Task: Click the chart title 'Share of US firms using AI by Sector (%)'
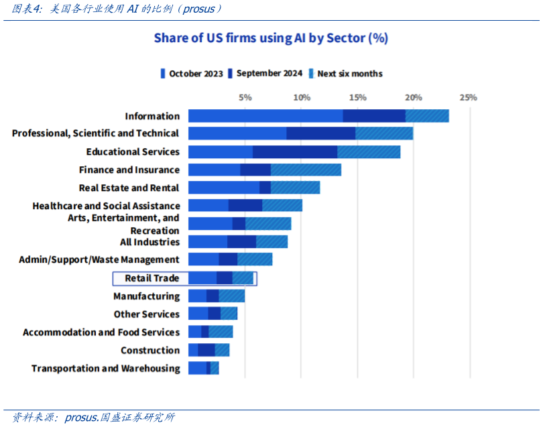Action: click(x=271, y=38)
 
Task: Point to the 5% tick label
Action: click(x=245, y=98)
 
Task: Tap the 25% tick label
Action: click(x=468, y=98)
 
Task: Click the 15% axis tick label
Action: click(x=357, y=98)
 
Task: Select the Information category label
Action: click(x=152, y=116)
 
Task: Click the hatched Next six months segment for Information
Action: click(x=427, y=116)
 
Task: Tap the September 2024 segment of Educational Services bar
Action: click(x=295, y=151)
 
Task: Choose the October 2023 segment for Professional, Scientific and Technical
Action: click(x=237, y=133)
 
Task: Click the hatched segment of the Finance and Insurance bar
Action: click(x=306, y=170)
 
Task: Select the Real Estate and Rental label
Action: click(x=129, y=188)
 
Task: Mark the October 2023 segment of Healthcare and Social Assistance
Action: click(x=208, y=206)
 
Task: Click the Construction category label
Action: click(x=150, y=351)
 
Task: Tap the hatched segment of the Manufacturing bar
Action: click(x=231, y=296)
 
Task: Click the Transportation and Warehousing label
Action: click(x=106, y=369)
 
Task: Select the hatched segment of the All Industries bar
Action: click(x=271, y=242)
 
